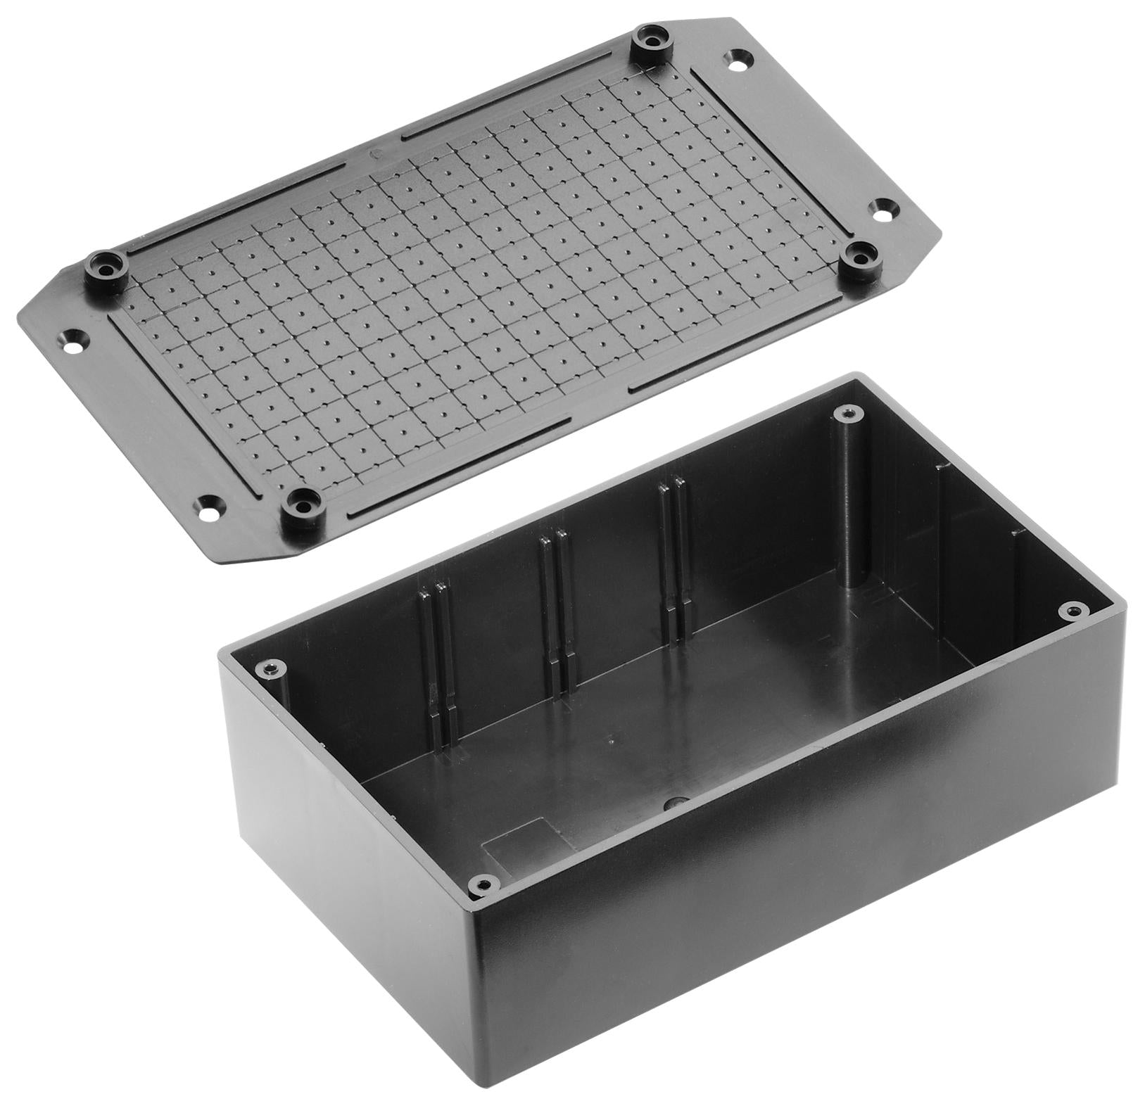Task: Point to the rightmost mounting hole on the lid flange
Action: click(883, 210)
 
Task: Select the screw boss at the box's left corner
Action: click(270, 668)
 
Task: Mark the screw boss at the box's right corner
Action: click(1073, 610)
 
